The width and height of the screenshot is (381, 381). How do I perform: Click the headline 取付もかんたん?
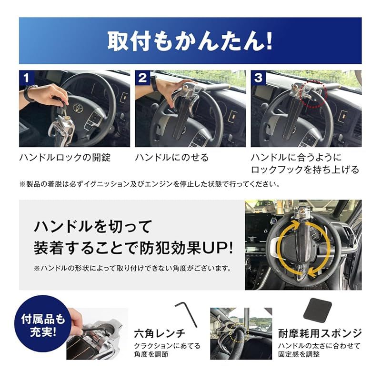[190, 41]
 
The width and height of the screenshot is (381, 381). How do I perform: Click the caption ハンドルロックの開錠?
[65, 158]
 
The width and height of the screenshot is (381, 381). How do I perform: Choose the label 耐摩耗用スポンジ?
[320, 333]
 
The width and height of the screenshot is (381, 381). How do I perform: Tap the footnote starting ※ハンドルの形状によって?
[132, 269]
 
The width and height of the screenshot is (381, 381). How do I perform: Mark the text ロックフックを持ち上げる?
[305, 170]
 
